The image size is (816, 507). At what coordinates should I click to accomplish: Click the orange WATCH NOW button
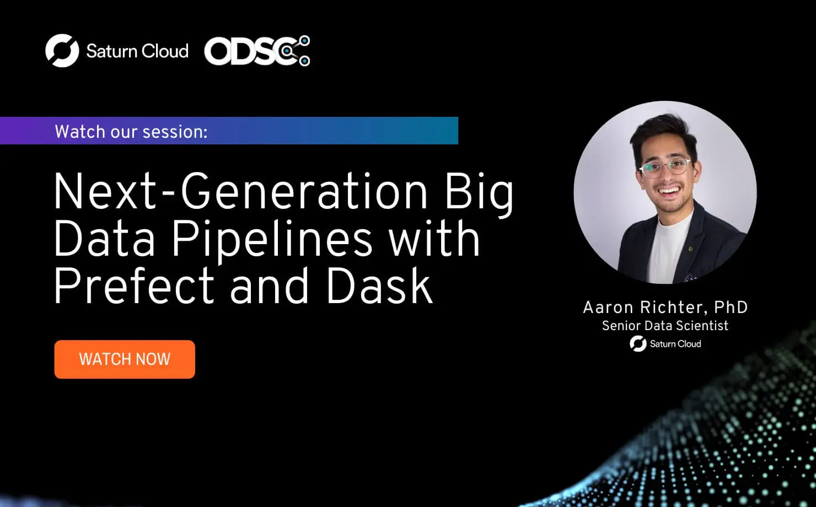(125, 359)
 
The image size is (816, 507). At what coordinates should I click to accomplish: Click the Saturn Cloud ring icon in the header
(62, 51)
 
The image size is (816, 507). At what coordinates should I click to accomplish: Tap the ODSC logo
(257, 51)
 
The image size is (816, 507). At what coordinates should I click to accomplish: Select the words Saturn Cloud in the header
(137, 51)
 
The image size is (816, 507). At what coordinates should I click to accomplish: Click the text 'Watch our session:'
(131, 132)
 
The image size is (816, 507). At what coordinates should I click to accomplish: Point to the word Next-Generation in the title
(241, 192)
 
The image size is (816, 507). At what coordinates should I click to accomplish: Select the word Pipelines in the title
(272, 240)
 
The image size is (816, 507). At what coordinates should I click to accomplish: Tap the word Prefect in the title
(133, 287)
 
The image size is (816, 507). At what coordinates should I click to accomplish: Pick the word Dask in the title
(379, 287)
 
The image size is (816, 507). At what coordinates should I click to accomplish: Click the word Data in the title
(104, 240)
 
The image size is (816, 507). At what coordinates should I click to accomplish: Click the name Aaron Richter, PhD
(665, 307)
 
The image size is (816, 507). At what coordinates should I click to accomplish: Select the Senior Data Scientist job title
(665, 326)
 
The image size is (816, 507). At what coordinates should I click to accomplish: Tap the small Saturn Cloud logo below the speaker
(665, 344)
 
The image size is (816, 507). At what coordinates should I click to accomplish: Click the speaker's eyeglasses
(665, 167)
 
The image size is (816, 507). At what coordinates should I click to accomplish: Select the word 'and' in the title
(269, 287)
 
